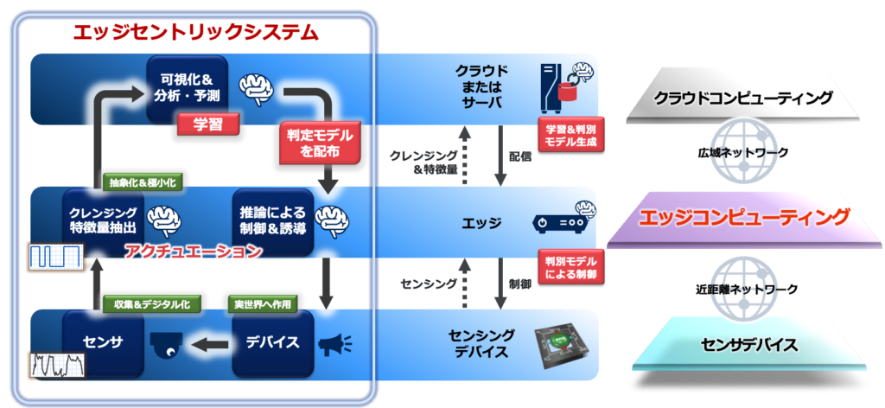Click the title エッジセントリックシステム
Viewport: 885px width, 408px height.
[196, 33]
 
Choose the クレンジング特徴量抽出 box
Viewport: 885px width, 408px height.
[101, 220]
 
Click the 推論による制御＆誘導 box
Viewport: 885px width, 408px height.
[272, 220]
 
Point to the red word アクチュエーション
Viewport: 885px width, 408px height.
[192, 252]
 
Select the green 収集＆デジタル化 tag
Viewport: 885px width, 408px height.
[140, 304]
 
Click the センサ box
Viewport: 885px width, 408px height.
[102, 343]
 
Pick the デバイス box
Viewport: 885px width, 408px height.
[272, 343]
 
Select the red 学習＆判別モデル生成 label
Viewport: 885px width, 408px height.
[568, 132]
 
